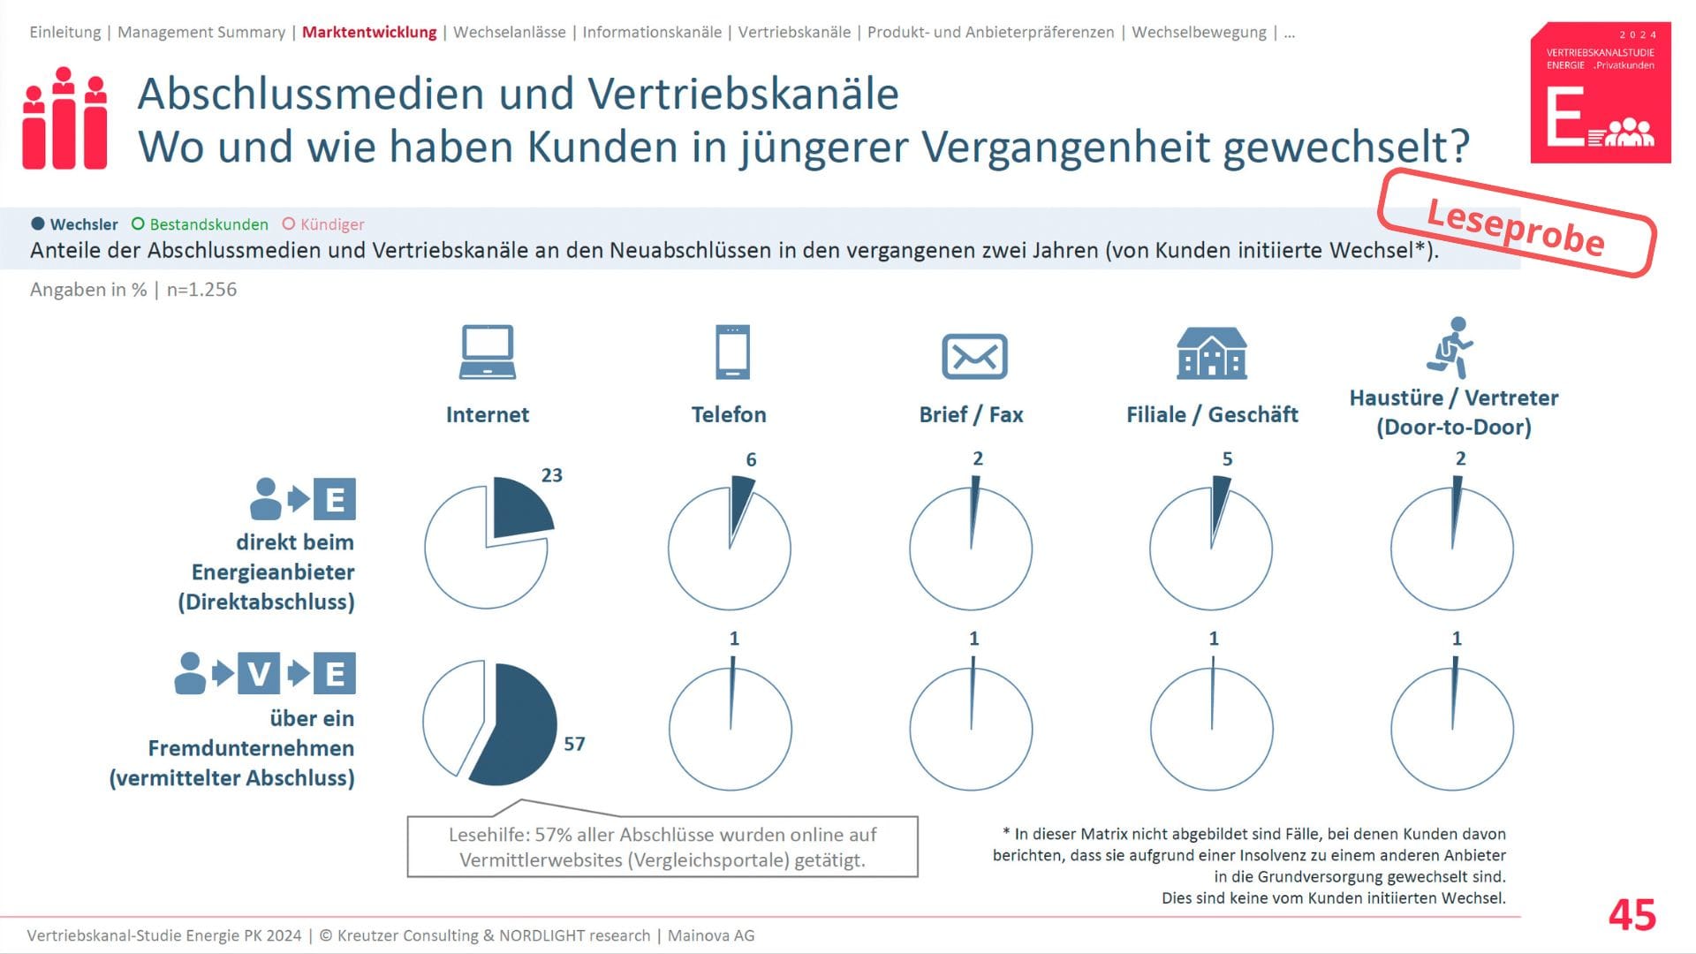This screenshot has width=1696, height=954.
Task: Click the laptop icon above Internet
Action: (488, 352)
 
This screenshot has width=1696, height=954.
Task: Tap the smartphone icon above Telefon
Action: (732, 352)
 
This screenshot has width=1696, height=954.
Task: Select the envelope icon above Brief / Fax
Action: (974, 356)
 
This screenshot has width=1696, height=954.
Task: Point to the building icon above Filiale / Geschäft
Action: (1212, 352)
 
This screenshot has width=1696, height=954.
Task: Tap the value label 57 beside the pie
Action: (574, 744)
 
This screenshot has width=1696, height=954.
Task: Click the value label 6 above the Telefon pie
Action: (751, 459)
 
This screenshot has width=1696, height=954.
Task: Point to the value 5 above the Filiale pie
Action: (1227, 459)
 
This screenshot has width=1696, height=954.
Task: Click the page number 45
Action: (1632, 915)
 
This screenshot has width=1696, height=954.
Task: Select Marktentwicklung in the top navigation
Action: (369, 33)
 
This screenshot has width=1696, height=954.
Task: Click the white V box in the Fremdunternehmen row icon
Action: (259, 674)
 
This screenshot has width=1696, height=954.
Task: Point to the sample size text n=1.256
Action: (201, 290)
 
